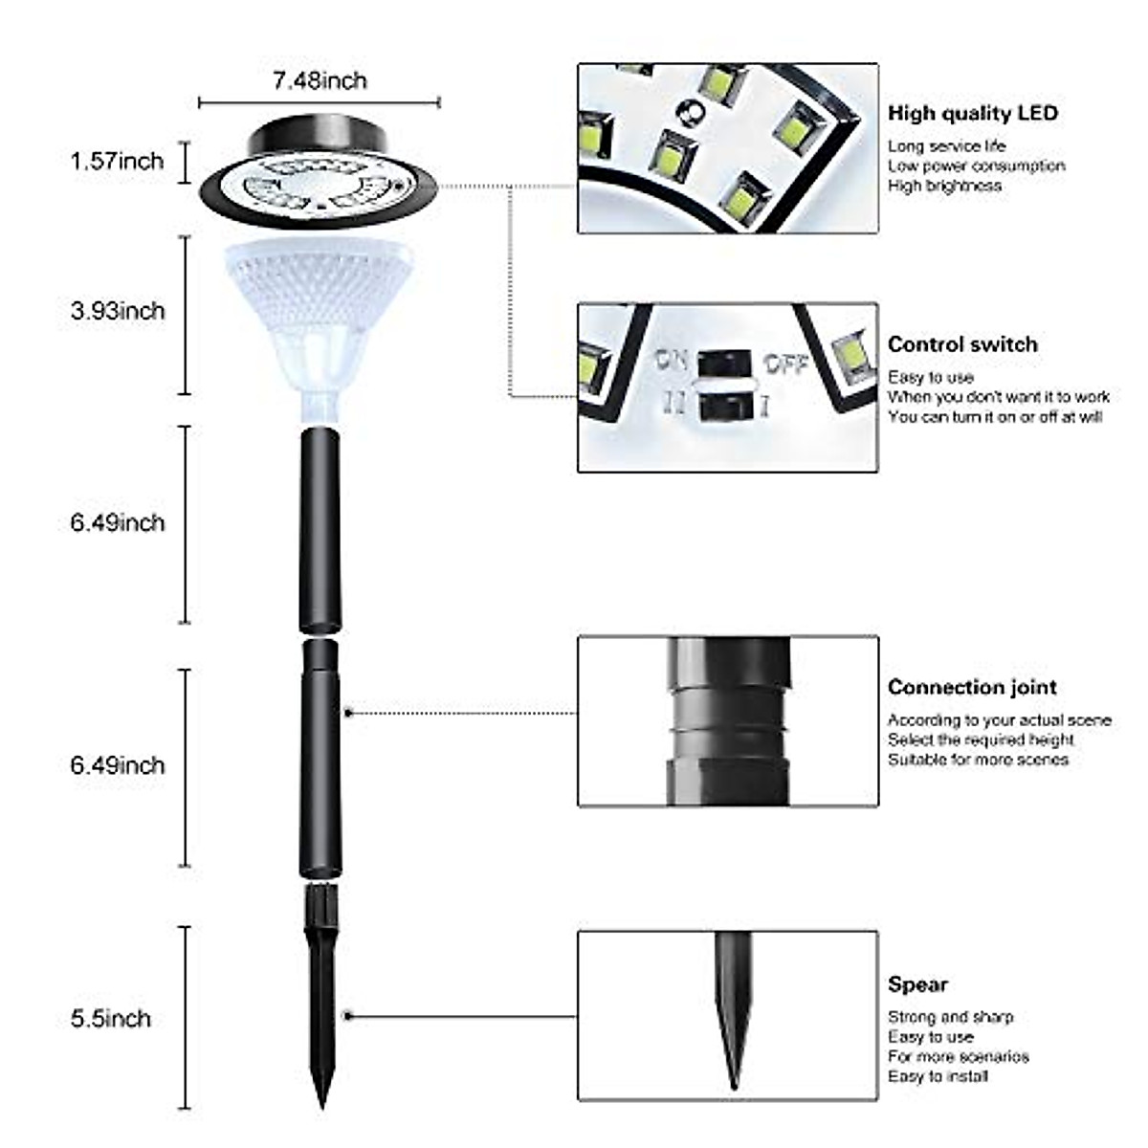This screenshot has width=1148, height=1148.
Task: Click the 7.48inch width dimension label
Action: click(320, 81)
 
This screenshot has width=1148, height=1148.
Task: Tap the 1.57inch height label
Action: click(117, 161)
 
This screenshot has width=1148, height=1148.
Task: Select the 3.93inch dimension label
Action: click(117, 311)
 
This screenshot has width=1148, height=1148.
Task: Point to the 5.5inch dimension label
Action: click(111, 1018)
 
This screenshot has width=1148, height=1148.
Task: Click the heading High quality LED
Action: click(972, 113)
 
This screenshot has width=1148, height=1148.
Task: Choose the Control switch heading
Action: click(961, 344)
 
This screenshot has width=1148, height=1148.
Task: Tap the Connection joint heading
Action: click(972, 687)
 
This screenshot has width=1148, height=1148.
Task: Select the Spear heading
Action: click(917, 984)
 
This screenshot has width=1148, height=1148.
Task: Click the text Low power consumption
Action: click(976, 166)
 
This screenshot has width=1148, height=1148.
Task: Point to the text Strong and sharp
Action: click(950, 1017)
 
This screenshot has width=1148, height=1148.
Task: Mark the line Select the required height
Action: click(981, 740)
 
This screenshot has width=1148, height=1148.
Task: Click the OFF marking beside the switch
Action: click(785, 364)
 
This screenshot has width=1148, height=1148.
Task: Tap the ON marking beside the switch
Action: click(673, 361)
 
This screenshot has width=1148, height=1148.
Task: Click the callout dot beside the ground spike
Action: click(349, 1015)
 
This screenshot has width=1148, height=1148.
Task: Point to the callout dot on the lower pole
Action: click(349, 713)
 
